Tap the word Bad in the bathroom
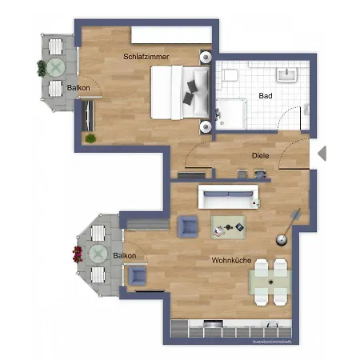(264, 95)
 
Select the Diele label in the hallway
(259, 157)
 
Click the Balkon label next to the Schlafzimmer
(78, 87)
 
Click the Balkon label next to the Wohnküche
(124, 255)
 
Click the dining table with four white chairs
(270, 281)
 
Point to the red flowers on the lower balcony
(78, 254)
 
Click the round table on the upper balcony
(56, 66)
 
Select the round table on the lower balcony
(98, 254)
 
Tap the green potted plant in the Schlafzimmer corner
(90, 138)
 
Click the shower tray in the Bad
(230, 113)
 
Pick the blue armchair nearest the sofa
(189, 227)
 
